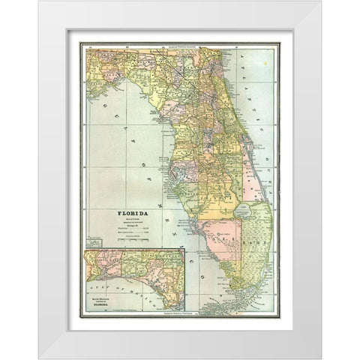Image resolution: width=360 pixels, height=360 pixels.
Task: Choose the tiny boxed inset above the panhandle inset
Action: coord(93,243)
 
